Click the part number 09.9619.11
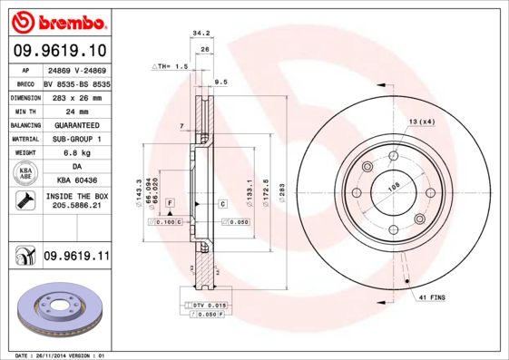point(76,258)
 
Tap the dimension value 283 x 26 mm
point(75,97)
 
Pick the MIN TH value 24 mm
point(75,111)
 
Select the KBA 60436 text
point(75,181)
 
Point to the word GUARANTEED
point(75,124)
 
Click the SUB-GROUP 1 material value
point(75,139)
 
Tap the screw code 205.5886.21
point(75,206)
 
